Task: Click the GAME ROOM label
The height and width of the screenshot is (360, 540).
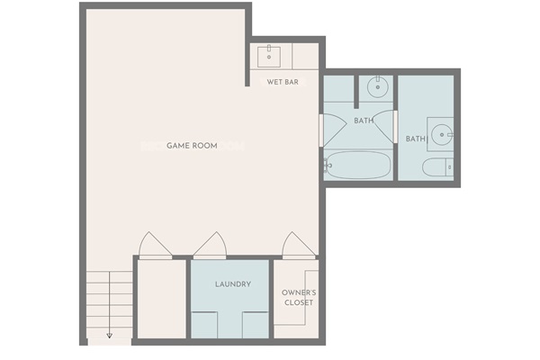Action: (x=192, y=145)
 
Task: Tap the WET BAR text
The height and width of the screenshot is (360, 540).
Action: (x=283, y=82)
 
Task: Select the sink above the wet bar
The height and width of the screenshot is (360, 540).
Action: (x=269, y=56)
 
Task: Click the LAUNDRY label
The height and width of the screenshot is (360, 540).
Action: (x=232, y=284)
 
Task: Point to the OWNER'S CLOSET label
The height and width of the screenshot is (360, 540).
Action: (x=299, y=298)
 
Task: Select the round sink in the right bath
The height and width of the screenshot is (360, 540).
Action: (x=442, y=135)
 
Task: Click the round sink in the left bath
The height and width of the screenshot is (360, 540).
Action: (x=378, y=88)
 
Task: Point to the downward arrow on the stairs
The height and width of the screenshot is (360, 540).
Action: (x=110, y=333)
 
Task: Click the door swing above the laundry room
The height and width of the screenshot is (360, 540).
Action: (x=210, y=245)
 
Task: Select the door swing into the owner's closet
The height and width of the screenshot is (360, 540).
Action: (x=297, y=245)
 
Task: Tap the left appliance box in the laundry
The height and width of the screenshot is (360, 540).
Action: (x=205, y=325)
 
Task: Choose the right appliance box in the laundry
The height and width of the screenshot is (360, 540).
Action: (x=255, y=325)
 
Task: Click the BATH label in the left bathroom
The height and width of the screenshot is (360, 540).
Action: (x=364, y=121)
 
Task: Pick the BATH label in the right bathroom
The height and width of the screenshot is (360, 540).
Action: (x=415, y=139)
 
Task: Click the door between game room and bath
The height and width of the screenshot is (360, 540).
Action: (x=322, y=130)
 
